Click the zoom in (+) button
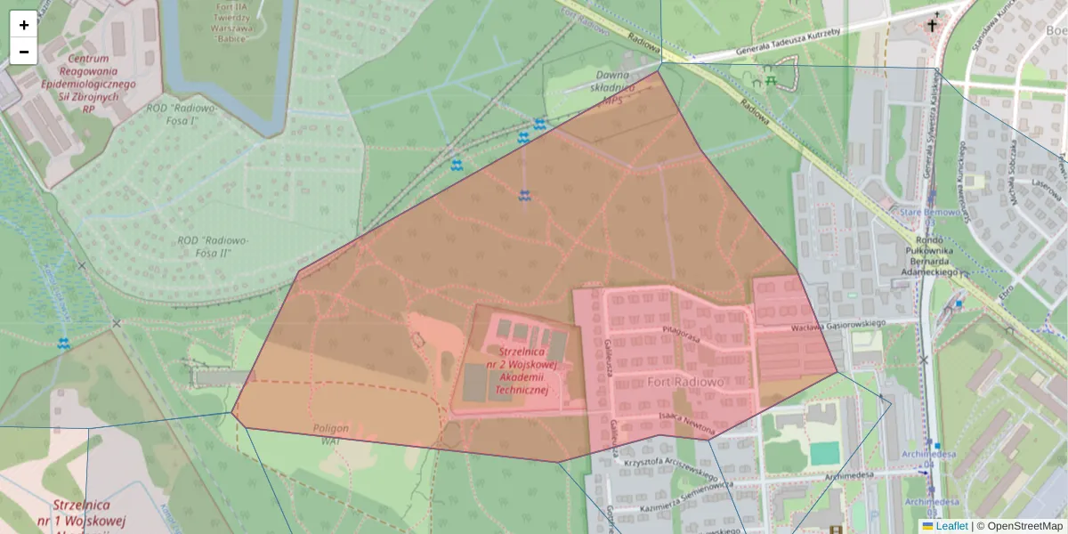(23, 25)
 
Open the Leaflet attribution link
(951, 526)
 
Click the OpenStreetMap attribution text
(1024, 526)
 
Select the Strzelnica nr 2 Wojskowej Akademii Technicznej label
(522, 370)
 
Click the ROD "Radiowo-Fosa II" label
(213, 247)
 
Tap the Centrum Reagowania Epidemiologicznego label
(98, 77)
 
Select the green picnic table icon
(771, 80)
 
